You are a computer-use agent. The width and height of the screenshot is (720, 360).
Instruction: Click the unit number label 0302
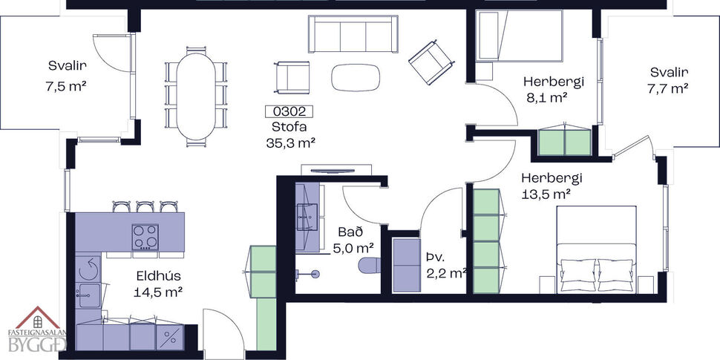coord(289,113)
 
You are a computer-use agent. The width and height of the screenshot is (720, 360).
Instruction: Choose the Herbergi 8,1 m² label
coord(553,89)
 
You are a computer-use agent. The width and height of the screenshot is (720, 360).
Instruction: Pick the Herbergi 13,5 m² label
coord(551,186)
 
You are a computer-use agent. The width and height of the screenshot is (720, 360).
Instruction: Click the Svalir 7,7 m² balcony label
coord(669,80)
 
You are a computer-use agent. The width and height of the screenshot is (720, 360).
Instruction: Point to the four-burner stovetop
coord(145,237)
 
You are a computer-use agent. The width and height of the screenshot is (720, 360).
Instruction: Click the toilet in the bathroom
coord(368,265)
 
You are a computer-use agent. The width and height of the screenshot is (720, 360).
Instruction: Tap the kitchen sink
coord(87,293)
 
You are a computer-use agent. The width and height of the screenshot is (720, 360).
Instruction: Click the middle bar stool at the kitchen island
coord(144,206)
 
